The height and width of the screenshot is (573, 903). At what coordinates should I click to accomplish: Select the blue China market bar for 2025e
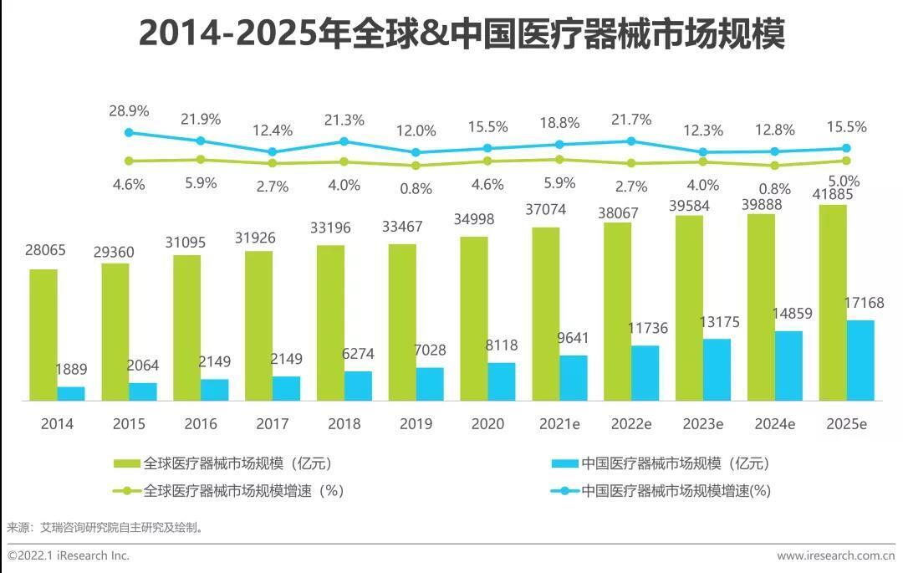click(860, 360)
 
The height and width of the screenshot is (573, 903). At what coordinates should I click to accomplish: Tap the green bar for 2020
click(474, 318)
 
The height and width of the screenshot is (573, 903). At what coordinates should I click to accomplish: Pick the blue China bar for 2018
click(358, 386)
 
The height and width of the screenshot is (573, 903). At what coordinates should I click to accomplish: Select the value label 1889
click(71, 370)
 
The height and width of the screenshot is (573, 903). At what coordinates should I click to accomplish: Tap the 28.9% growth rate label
click(128, 110)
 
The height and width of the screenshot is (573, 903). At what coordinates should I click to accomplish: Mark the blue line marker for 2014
click(128, 132)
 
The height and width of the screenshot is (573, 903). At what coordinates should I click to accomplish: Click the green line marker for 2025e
click(846, 161)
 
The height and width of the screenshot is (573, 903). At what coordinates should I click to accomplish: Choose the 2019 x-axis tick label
click(416, 424)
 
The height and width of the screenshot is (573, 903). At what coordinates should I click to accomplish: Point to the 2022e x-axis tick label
click(631, 424)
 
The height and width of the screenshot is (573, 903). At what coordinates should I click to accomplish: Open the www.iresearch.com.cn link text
click(835, 555)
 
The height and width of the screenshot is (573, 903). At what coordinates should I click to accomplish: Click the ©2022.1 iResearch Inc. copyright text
click(69, 555)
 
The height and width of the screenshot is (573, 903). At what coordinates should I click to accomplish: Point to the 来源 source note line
click(105, 528)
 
